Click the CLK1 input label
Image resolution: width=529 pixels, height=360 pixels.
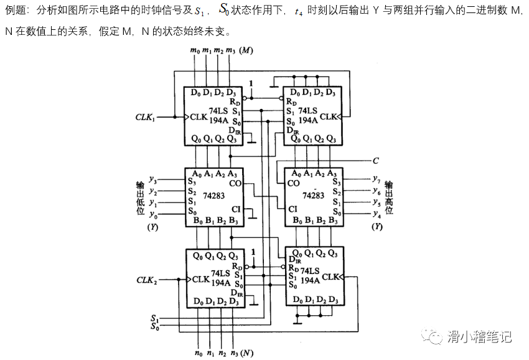(145, 116)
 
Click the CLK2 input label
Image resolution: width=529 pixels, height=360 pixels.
(146, 280)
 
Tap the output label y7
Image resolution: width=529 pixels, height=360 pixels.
(376, 181)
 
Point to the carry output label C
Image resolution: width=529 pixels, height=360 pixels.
(375, 160)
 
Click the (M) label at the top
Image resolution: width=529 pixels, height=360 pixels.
(246, 50)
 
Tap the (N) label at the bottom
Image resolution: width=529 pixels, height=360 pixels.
(246, 353)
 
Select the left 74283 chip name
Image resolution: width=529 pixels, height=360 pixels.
(213, 195)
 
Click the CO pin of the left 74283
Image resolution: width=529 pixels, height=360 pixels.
(235, 183)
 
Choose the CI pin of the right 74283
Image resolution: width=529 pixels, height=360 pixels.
(293, 209)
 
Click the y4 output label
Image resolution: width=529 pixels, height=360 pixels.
(376, 214)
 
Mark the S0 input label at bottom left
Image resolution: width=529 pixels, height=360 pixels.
(154, 326)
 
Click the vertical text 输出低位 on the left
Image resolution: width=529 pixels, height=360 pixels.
(141, 198)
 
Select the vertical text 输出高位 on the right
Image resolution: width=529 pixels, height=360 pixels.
(388, 197)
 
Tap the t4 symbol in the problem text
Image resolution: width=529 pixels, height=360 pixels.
(299, 11)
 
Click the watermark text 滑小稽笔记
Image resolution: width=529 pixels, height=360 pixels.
(479, 337)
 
